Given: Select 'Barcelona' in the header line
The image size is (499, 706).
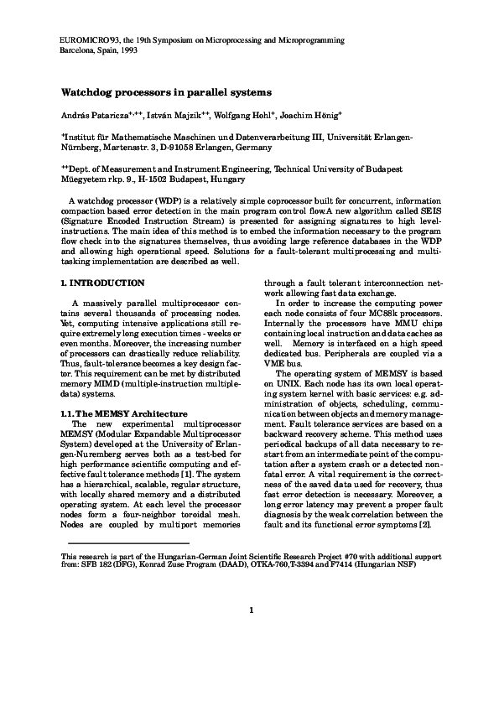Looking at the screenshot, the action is [x=80, y=49].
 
